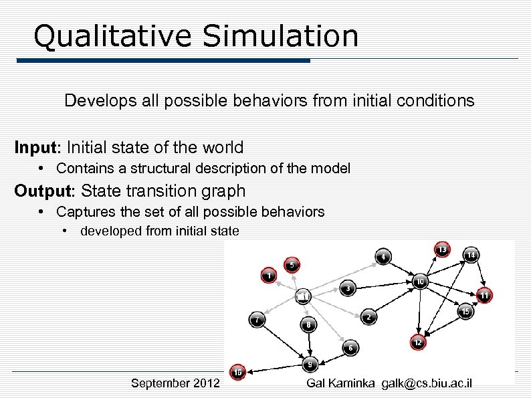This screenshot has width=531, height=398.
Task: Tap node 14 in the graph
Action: [471, 255]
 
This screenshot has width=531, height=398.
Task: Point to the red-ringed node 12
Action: [417, 342]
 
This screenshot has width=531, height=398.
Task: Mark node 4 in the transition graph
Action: [383, 256]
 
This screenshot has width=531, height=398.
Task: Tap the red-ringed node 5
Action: [292, 264]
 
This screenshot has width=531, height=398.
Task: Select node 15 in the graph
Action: [465, 311]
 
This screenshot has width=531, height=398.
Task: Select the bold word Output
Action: [44, 191]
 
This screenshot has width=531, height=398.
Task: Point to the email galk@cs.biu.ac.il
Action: [427, 383]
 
